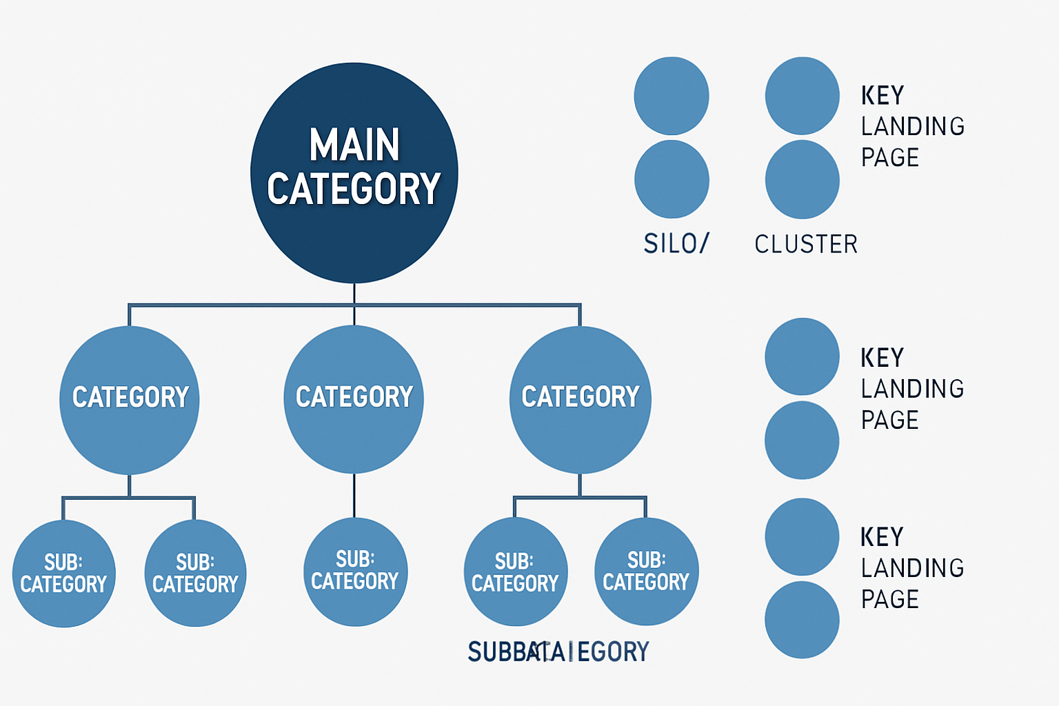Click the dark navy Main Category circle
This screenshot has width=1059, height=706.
[354, 228]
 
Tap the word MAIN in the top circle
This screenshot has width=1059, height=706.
[354, 145]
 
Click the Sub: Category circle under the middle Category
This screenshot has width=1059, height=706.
[355, 571]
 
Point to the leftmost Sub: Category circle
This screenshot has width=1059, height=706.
[63, 574]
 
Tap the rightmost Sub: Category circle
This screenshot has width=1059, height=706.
[646, 571]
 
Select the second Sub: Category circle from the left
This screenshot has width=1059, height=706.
[195, 574]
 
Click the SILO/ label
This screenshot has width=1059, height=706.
[676, 243]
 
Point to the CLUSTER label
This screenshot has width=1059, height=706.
[806, 244]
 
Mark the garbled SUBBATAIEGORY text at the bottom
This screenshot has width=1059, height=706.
[558, 652]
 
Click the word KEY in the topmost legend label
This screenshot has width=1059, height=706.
[882, 95]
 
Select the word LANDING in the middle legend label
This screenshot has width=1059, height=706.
[912, 389]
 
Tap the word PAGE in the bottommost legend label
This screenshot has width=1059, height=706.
[890, 599]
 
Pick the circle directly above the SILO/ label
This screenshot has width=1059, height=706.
[672, 179]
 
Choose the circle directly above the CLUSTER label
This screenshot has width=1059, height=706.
[802, 179]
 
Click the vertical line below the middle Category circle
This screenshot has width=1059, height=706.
[354, 495]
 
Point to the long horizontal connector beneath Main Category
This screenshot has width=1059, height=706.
[241, 304]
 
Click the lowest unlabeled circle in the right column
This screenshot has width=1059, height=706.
[802, 619]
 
